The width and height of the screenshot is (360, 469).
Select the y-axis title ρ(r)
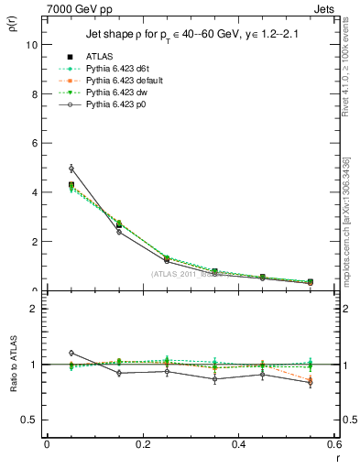[x=13, y=27]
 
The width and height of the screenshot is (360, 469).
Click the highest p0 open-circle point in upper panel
[x=71, y=169]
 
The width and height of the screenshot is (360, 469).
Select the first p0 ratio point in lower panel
[x=71, y=353]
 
